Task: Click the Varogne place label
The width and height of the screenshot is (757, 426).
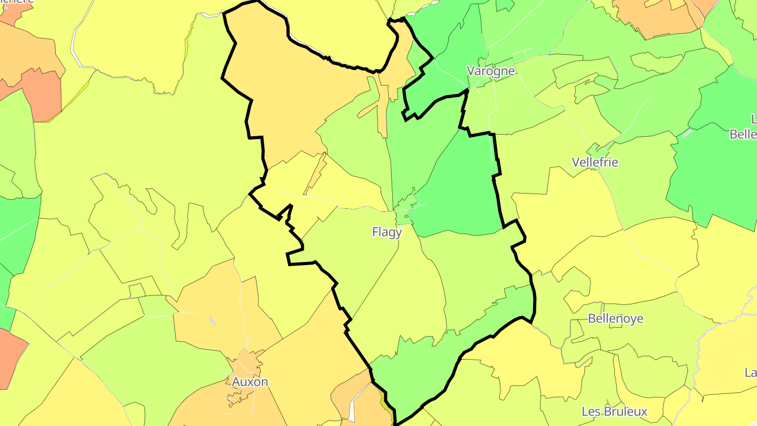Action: click(491, 71)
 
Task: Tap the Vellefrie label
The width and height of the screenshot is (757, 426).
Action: click(595, 162)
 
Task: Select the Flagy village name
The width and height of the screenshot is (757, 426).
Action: click(387, 232)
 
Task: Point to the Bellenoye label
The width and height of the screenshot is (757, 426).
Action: click(616, 319)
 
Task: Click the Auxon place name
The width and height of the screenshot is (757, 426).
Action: click(250, 382)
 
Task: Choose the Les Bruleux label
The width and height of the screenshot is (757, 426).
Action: click(615, 411)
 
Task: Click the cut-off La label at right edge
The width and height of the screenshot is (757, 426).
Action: click(750, 372)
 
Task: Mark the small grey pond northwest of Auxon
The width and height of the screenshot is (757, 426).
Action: click(212, 319)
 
